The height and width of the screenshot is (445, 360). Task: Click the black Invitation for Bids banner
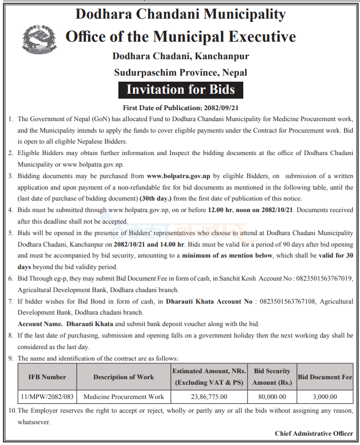[180, 89]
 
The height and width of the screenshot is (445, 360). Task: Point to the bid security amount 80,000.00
[272, 396]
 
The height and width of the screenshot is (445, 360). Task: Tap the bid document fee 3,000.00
[324, 396]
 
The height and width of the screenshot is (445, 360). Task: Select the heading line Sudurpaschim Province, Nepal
[180, 72]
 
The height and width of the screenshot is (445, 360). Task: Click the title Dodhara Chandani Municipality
[180, 15]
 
